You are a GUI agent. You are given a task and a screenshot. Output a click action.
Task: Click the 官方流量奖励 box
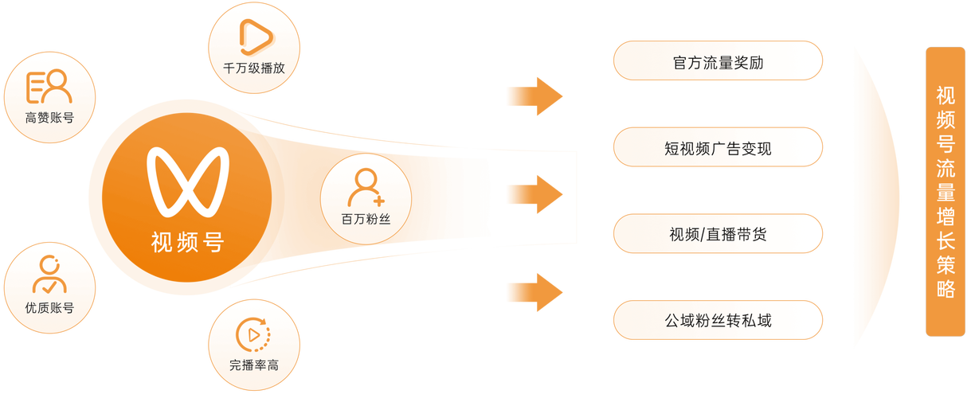click(x=717, y=61)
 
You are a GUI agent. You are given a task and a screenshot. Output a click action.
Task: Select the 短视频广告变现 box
click(x=717, y=147)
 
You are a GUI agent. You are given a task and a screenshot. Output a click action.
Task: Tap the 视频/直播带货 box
click(x=717, y=234)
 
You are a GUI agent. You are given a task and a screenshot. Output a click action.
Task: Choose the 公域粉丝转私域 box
click(x=717, y=321)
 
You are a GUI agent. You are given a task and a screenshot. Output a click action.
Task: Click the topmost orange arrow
click(x=535, y=96)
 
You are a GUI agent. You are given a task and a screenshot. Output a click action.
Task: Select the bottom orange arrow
click(x=535, y=291)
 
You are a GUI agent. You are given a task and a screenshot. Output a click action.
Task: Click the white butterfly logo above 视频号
click(x=187, y=183)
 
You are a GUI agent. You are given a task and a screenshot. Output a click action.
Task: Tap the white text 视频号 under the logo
click(x=187, y=241)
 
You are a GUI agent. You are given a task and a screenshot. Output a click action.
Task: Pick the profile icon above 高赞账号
click(x=49, y=88)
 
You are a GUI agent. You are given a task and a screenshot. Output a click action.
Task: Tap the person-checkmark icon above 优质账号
click(x=49, y=275)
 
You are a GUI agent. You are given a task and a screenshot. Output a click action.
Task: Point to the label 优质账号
click(x=49, y=307)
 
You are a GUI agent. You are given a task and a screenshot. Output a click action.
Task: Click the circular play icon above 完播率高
click(x=254, y=334)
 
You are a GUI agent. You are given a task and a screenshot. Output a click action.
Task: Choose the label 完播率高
click(x=254, y=365)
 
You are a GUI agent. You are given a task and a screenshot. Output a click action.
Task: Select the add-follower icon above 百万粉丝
click(x=366, y=188)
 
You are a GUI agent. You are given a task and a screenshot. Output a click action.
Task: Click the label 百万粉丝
click(x=366, y=218)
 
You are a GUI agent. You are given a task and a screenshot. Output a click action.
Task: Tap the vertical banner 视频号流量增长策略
click(x=946, y=191)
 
